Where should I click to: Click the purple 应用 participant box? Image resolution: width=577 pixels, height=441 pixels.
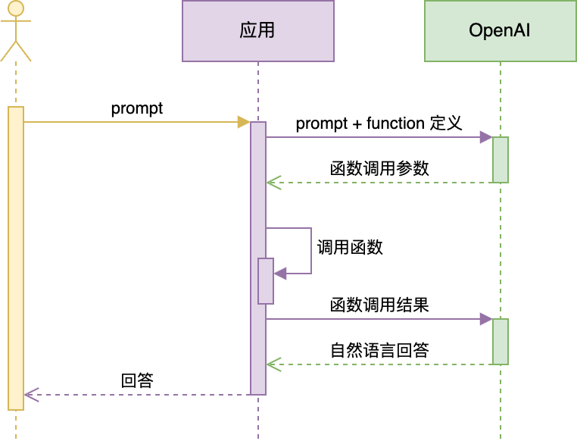pyautogui.click(x=257, y=31)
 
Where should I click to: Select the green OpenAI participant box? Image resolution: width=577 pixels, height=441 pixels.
pyautogui.click(x=500, y=31)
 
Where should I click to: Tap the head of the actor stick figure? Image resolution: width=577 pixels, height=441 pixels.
pyautogui.click(x=16, y=10)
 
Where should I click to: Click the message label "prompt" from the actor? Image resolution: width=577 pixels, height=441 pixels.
pyautogui.click(x=137, y=108)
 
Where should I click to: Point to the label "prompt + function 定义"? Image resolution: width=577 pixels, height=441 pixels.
pyautogui.click(x=379, y=124)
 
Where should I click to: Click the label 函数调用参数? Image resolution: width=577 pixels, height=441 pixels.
pyautogui.click(x=380, y=168)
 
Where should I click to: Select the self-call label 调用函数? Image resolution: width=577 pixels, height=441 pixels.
pyautogui.click(x=350, y=247)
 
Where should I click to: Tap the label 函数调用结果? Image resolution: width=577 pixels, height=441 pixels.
pyautogui.click(x=380, y=305)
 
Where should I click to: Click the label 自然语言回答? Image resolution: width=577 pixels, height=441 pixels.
pyautogui.click(x=380, y=350)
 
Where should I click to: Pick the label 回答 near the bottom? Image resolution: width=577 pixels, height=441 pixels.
pyautogui.click(x=137, y=380)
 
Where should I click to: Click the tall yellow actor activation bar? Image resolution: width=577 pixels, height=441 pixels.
pyautogui.click(x=16, y=258)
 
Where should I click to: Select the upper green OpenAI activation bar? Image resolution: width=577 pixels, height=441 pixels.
pyautogui.click(x=501, y=160)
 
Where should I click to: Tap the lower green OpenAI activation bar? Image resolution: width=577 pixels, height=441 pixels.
pyautogui.click(x=501, y=342)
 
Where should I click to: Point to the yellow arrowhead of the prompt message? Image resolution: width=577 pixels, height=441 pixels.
pyautogui.click(x=244, y=122)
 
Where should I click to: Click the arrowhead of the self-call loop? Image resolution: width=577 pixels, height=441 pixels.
pyautogui.click(x=279, y=274)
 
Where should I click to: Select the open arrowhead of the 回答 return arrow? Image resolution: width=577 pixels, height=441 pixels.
pyautogui.click(x=30, y=395)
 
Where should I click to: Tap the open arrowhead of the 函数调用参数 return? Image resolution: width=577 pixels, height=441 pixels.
pyautogui.click(x=273, y=183)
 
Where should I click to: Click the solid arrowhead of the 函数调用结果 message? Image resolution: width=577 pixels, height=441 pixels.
pyautogui.click(x=486, y=319)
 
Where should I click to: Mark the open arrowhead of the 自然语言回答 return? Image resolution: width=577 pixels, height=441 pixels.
pyautogui.click(x=273, y=364)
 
